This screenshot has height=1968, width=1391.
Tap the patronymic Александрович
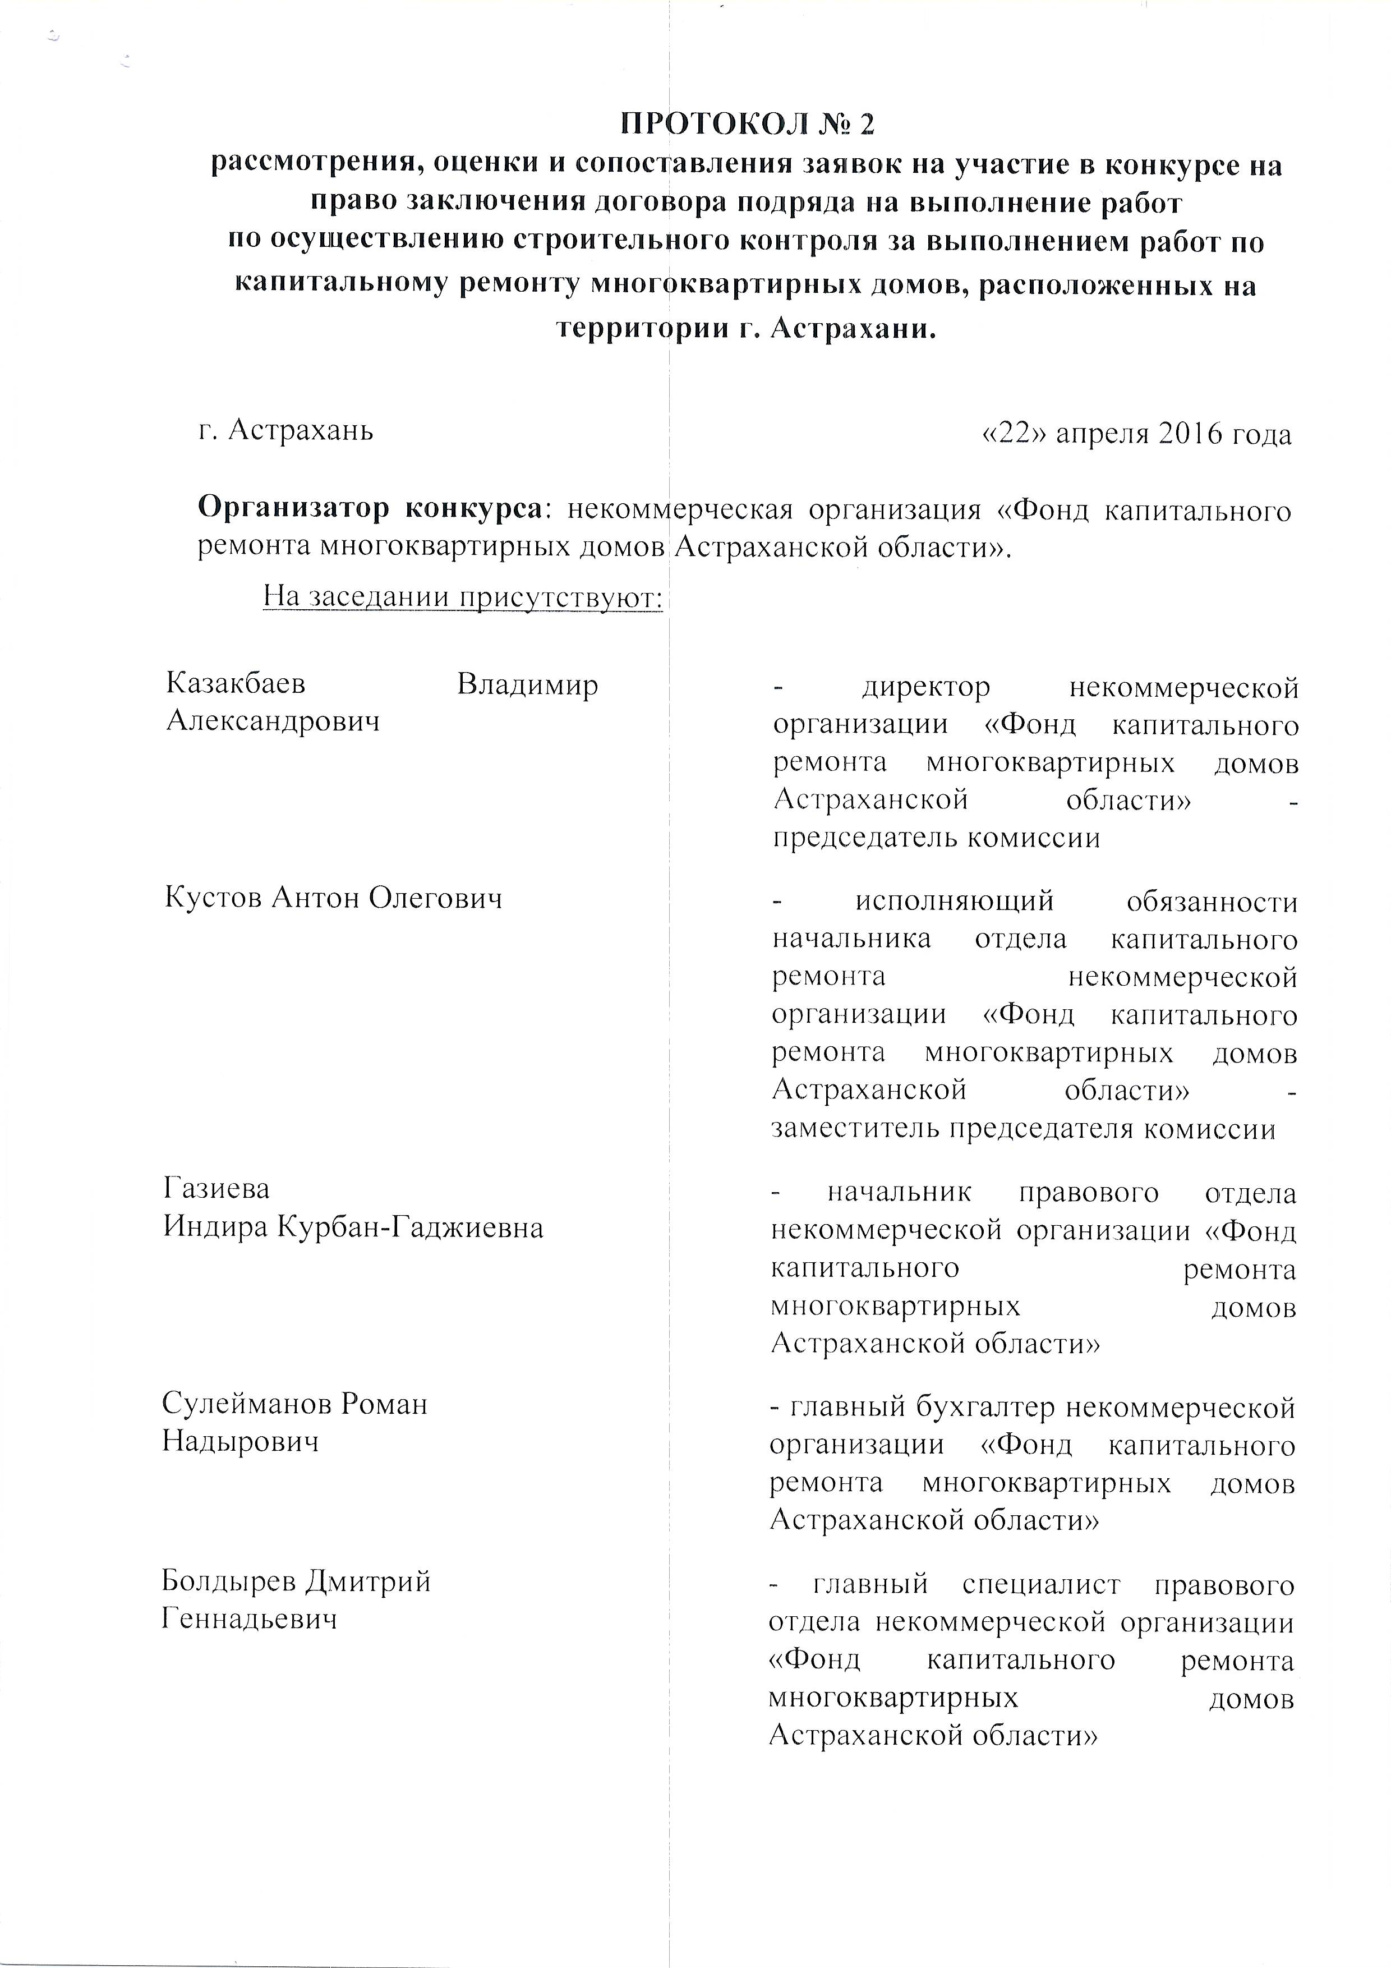[x=273, y=721]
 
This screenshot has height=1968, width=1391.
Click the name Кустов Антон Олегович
[x=333, y=898]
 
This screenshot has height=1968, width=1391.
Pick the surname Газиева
[x=217, y=1189]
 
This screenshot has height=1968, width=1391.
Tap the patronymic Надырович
[x=241, y=1442]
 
